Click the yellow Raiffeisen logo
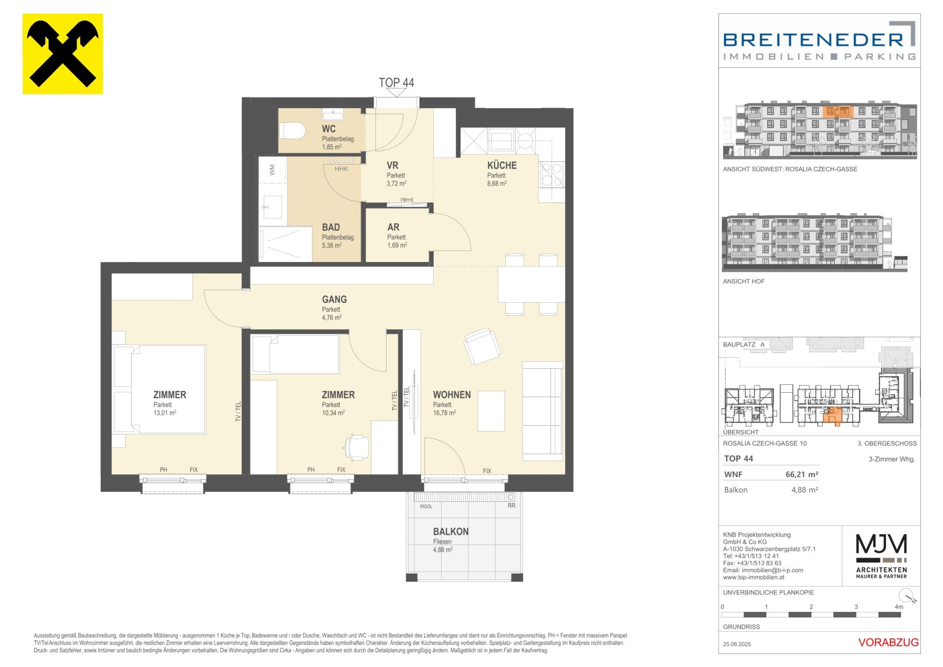pyautogui.click(x=63, y=54)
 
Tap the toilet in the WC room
pyautogui.click(x=292, y=131)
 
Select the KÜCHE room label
pyautogui.click(x=502, y=165)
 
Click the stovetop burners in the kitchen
pyautogui.click(x=552, y=175)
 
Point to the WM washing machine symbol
pyautogui.click(x=272, y=170)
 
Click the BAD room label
pyautogui.click(x=331, y=227)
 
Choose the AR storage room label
pyautogui.click(x=393, y=227)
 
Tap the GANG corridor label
pyautogui.click(x=334, y=299)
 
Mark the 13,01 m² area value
pyautogui.click(x=165, y=413)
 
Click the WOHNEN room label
pyautogui.click(x=452, y=395)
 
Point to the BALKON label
pyautogui.click(x=451, y=531)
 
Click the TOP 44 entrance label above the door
pyautogui.click(x=396, y=83)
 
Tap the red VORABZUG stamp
pyautogui.click(x=888, y=642)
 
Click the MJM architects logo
pyautogui.click(x=882, y=556)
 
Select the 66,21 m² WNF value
pyautogui.click(x=802, y=474)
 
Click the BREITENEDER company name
pyautogui.click(x=813, y=39)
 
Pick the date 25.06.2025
pyautogui.click(x=737, y=644)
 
